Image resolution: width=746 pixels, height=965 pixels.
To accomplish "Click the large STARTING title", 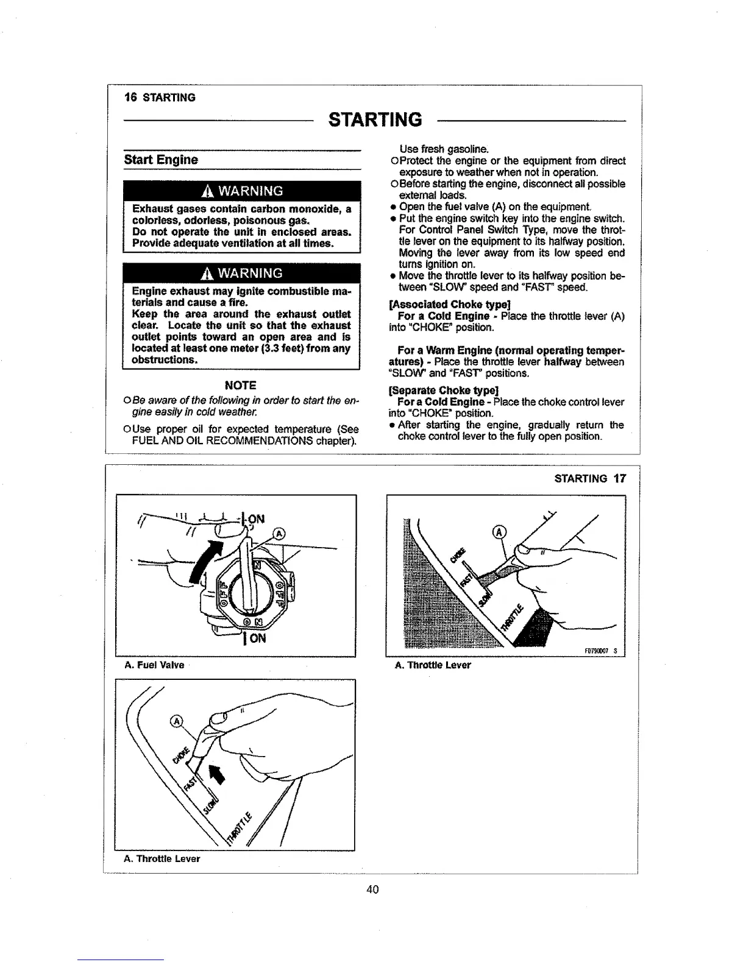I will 374,119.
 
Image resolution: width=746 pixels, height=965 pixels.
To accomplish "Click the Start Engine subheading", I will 161,160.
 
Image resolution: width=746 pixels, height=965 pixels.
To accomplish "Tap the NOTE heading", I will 240,385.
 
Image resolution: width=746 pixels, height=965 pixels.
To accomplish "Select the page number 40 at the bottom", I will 372,889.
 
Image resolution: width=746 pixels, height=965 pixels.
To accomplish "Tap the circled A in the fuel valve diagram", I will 278,534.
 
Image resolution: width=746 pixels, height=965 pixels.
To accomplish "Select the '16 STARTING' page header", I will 160,97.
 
